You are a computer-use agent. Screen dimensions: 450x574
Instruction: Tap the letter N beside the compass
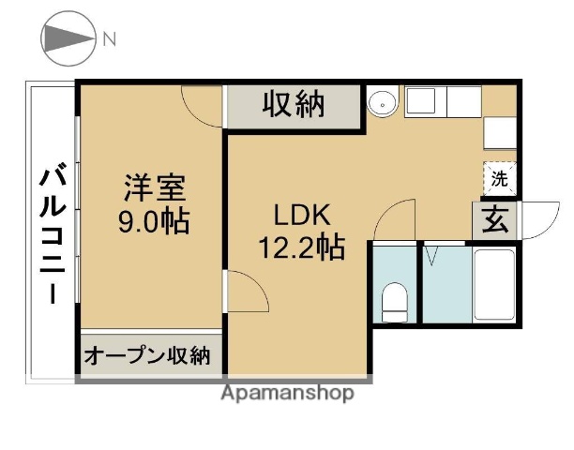[x=110, y=39]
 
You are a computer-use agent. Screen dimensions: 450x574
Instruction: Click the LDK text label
[x=300, y=215]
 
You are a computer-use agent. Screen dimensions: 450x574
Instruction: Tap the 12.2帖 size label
[x=300, y=248]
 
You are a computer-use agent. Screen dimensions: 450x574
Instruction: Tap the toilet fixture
[x=395, y=299]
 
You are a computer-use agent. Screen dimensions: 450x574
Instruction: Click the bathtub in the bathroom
[x=493, y=285]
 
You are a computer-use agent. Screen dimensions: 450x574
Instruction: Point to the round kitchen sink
[x=382, y=103]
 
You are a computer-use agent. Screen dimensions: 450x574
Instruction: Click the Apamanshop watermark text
[x=287, y=394]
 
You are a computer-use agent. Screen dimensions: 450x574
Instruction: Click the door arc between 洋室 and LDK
[x=245, y=292]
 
